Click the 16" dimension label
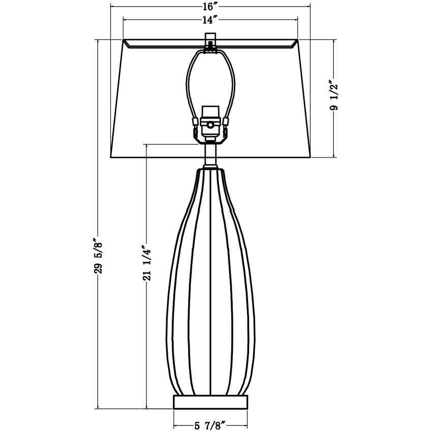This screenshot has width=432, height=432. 210,7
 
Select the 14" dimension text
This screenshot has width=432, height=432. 210,20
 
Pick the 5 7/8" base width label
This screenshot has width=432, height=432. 210,425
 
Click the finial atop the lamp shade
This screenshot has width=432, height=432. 210,41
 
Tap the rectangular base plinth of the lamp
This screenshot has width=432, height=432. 210,402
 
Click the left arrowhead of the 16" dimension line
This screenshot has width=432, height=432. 113,7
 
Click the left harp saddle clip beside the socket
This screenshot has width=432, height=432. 195,122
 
